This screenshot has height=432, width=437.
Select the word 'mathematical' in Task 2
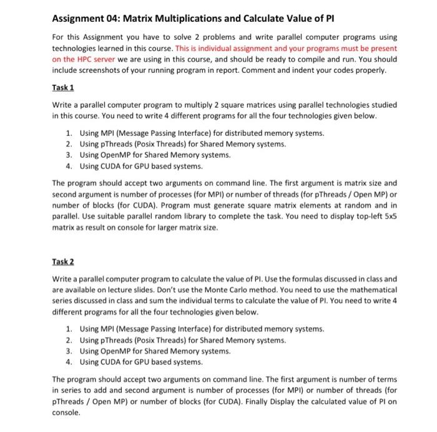click(371, 290)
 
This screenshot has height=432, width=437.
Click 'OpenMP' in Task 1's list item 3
click(112, 155)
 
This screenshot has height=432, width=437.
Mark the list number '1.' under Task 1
click(69, 133)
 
